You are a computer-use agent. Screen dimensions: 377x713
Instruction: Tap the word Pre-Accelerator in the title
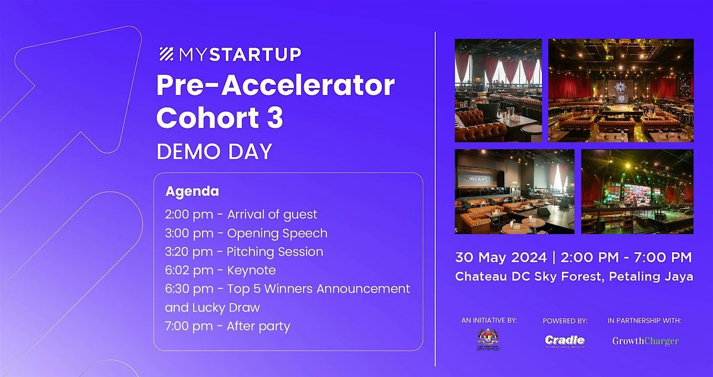[x=275, y=86]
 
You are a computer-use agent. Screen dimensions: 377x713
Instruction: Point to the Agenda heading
[x=192, y=191]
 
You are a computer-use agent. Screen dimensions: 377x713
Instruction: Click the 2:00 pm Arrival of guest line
[x=241, y=214]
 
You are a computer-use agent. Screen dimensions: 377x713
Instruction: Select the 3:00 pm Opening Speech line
[x=246, y=233]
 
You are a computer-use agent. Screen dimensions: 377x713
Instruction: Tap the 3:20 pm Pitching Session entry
[x=244, y=252]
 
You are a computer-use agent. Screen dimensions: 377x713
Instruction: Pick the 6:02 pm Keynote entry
[x=220, y=271]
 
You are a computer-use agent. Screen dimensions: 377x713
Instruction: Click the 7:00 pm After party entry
[x=228, y=326]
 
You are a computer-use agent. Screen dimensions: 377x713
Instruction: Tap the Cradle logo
[x=564, y=341]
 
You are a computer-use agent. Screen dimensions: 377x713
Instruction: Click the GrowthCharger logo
[x=645, y=341]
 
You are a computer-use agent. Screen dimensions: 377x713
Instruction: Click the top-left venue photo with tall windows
[x=498, y=90]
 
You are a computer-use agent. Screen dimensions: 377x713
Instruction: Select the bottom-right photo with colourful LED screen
[x=637, y=191]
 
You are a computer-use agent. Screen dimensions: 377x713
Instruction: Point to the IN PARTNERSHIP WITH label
[x=644, y=321]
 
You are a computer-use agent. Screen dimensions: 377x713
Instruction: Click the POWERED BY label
[x=564, y=321]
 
